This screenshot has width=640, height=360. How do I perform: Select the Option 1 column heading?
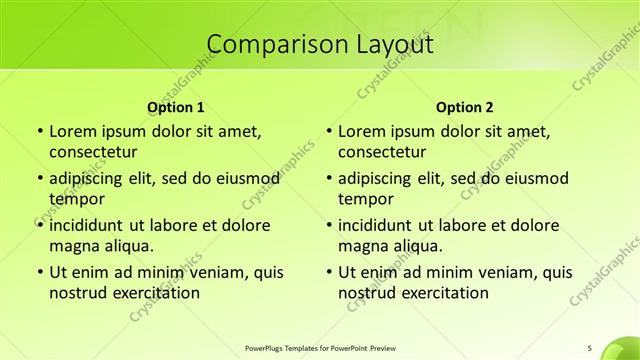(x=176, y=106)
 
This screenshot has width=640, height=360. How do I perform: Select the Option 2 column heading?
(x=465, y=106)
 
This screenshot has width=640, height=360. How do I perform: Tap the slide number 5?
(x=590, y=347)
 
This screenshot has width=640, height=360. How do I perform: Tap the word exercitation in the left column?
(x=155, y=293)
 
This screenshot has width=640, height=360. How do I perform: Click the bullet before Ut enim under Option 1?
(x=38, y=272)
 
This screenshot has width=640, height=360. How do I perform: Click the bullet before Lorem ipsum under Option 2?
(x=328, y=131)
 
